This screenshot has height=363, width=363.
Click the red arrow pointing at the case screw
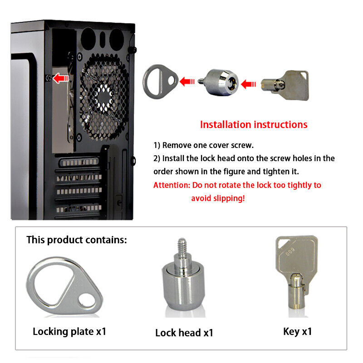tap(61, 78)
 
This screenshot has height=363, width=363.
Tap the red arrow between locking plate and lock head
tap(187, 82)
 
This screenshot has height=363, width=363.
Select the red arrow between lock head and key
tap(248, 84)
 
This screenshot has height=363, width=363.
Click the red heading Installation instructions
tap(254, 124)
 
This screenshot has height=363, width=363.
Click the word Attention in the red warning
tap(172, 185)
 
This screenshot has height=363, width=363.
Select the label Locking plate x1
tap(69, 332)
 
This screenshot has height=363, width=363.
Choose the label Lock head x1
tap(184, 333)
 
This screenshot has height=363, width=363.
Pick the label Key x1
tap(298, 332)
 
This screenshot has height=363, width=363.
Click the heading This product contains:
tap(77, 240)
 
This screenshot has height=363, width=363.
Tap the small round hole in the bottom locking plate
tap(86, 301)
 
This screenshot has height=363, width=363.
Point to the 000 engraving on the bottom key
tap(289, 251)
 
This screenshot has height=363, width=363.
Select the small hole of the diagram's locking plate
tap(172, 81)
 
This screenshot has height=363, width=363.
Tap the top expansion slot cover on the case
tap(78, 162)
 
